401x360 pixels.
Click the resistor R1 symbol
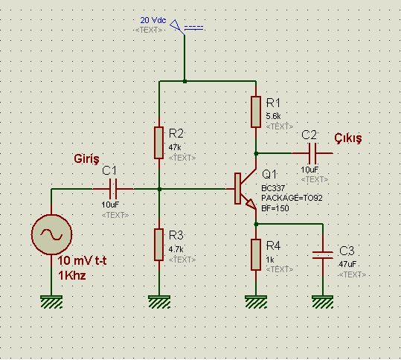pyautogui.click(x=256, y=112)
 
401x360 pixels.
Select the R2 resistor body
pyautogui.click(x=158, y=143)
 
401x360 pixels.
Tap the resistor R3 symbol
pyautogui.click(x=158, y=245)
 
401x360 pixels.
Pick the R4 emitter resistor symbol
pyautogui.click(x=256, y=254)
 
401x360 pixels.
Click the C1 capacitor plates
pyautogui.click(x=113, y=189)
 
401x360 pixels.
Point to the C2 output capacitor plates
pyautogui.click(x=312, y=153)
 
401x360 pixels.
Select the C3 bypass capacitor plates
pyautogui.click(x=323, y=255)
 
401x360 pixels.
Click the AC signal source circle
pyautogui.click(x=51, y=234)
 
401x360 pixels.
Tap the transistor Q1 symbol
pyautogui.click(x=245, y=189)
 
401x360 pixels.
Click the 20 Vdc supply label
pyautogui.click(x=153, y=20)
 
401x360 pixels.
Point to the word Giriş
pyautogui.click(x=86, y=158)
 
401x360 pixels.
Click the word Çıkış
pyautogui.click(x=348, y=138)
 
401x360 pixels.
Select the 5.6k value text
pyautogui.click(x=273, y=116)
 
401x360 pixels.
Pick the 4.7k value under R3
pyautogui.click(x=176, y=249)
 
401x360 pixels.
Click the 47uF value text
pyautogui.click(x=347, y=264)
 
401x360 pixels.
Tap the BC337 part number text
pyautogui.click(x=273, y=188)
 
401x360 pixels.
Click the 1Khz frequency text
pyautogui.click(x=72, y=276)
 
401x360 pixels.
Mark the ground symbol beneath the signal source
pyautogui.click(x=51, y=302)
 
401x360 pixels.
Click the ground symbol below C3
pyautogui.click(x=323, y=302)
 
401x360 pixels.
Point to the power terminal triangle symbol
pyautogui.click(x=176, y=26)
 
